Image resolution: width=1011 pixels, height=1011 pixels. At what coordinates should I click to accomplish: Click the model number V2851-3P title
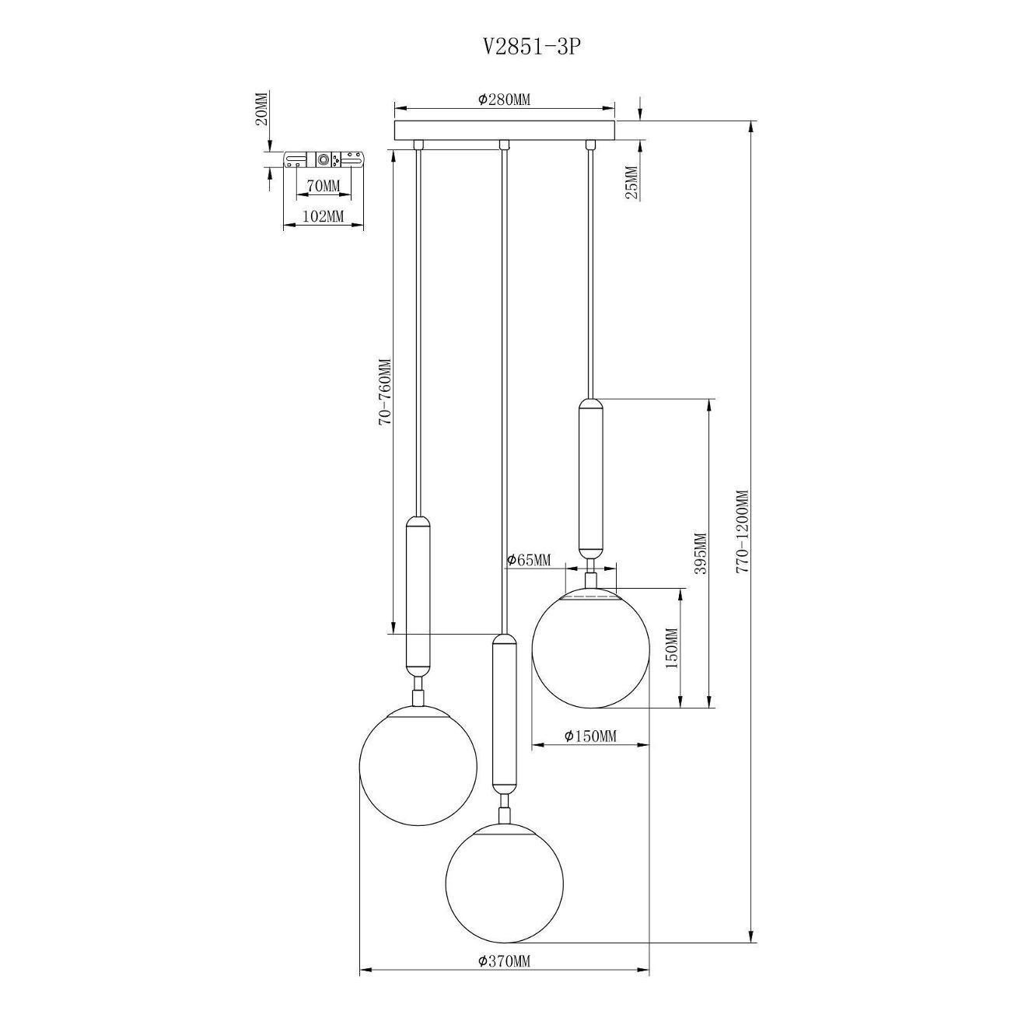531,47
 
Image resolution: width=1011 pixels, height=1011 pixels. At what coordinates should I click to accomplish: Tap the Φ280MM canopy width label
504,100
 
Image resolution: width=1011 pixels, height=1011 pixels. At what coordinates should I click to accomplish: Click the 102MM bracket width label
324,215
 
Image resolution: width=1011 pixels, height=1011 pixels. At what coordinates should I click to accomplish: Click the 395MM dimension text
701,553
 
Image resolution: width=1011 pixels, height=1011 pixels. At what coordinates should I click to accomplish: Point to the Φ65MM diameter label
529,560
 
